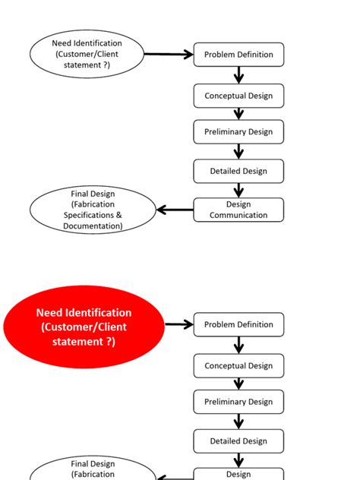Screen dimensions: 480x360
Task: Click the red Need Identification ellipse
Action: (x=84, y=327)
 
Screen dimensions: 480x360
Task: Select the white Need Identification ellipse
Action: (x=87, y=55)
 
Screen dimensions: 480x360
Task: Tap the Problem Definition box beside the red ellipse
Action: (x=238, y=324)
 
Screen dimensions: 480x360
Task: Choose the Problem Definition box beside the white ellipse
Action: (x=238, y=55)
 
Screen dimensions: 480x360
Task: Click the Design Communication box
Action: (x=238, y=210)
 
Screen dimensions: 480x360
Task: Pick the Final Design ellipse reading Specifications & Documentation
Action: (x=93, y=210)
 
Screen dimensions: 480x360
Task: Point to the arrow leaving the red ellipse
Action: (x=178, y=324)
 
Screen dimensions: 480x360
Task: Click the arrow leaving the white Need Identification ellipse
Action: (x=168, y=55)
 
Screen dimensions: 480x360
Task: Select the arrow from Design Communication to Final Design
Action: (x=174, y=210)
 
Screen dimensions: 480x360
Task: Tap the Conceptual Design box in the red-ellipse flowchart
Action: (x=238, y=365)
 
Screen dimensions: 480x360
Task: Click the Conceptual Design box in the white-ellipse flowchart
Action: (x=238, y=96)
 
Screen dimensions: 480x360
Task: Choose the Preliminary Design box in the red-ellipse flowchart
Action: (x=238, y=402)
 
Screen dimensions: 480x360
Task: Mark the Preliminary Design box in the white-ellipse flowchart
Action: (x=238, y=132)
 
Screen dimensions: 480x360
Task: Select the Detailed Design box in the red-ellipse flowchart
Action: (x=238, y=441)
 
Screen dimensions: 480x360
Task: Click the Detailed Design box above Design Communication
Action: (x=238, y=171)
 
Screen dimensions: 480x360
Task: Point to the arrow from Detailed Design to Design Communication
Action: (x=238, y=190)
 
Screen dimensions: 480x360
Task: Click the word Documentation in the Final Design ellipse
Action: (x=93, y=226)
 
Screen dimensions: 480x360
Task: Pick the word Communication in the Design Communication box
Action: (x=238, y=215)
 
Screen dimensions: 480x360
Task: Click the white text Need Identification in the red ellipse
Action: (x=84, y=313)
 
